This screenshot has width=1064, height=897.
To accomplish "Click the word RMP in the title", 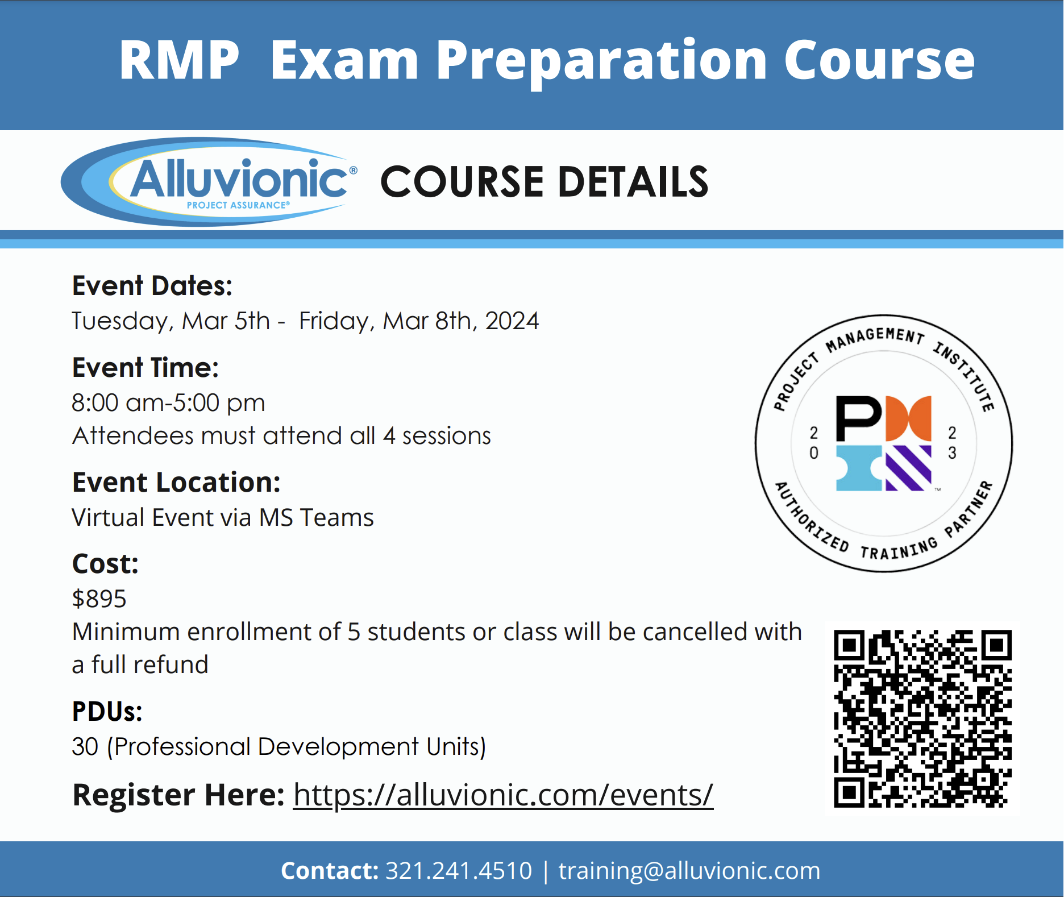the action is [x=179, y=60].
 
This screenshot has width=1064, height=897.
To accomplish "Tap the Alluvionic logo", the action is [x=209, y=182].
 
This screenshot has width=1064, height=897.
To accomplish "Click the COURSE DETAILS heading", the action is [x=544, y=182].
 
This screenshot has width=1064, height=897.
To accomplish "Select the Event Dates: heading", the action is [x=152, y=285].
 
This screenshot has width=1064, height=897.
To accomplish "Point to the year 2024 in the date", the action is [x=512, y=321].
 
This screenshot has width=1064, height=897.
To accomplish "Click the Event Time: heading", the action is [x=146, y=367].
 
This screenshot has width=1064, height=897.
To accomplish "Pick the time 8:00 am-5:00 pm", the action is [x=168, y=402].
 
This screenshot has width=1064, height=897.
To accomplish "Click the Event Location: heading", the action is [x=176, y=482].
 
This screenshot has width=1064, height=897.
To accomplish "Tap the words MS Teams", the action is [x=317, y=517].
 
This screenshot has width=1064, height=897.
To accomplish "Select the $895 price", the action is [x=99, y=599].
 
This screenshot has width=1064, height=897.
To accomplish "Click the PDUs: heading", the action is [x=107, y=711].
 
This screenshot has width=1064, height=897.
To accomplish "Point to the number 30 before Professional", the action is [x=85, y=746].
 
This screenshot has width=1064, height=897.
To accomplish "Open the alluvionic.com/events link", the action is [x=503, y=795].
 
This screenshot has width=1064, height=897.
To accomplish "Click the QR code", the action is [x=922, y=719].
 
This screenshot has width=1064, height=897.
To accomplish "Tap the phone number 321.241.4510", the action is [x=459, y=871].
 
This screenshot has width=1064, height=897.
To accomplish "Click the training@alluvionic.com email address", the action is [x=689, y=871].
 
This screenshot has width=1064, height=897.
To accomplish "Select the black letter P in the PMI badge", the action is [x=858, y=418].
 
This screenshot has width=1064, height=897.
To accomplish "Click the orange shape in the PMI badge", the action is [x=908, y=418].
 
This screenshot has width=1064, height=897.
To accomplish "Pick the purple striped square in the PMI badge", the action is [x=908, y=468].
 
